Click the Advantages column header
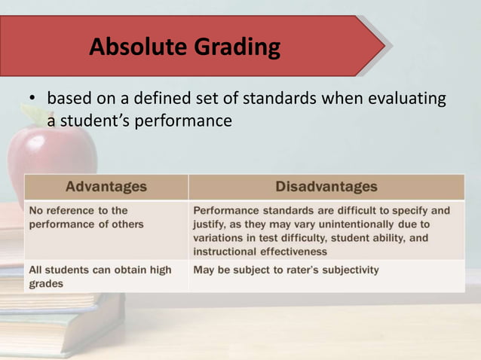point(106,186)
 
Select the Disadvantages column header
point(326,186)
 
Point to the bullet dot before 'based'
point(32,100)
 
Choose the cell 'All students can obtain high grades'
point(100,276)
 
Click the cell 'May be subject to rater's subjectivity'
point(286,270)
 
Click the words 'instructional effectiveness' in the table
point(260,251)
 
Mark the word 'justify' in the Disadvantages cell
point(210,224)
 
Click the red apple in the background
point(51,158)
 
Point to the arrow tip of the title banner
point(384,47)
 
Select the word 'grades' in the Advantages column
point(45,284)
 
